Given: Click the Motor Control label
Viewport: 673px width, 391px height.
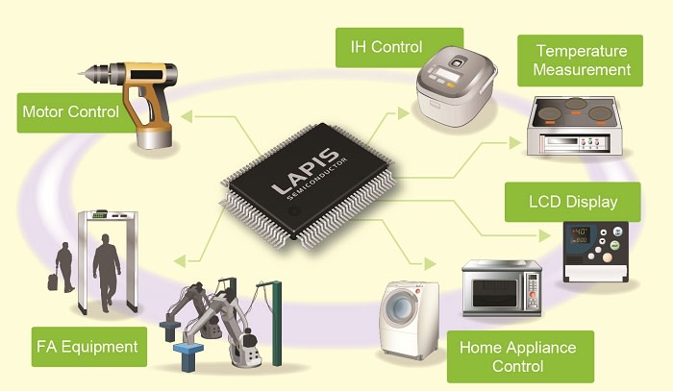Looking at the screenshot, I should (x=70, y=111).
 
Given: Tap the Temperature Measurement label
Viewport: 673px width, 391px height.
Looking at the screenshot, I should (x=581, y=60).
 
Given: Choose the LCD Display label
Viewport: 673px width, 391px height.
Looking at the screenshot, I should (x=573, y=201).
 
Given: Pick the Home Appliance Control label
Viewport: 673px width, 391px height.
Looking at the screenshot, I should (x=518, y=356).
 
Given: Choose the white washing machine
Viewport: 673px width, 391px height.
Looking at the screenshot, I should (x=408, y=317).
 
